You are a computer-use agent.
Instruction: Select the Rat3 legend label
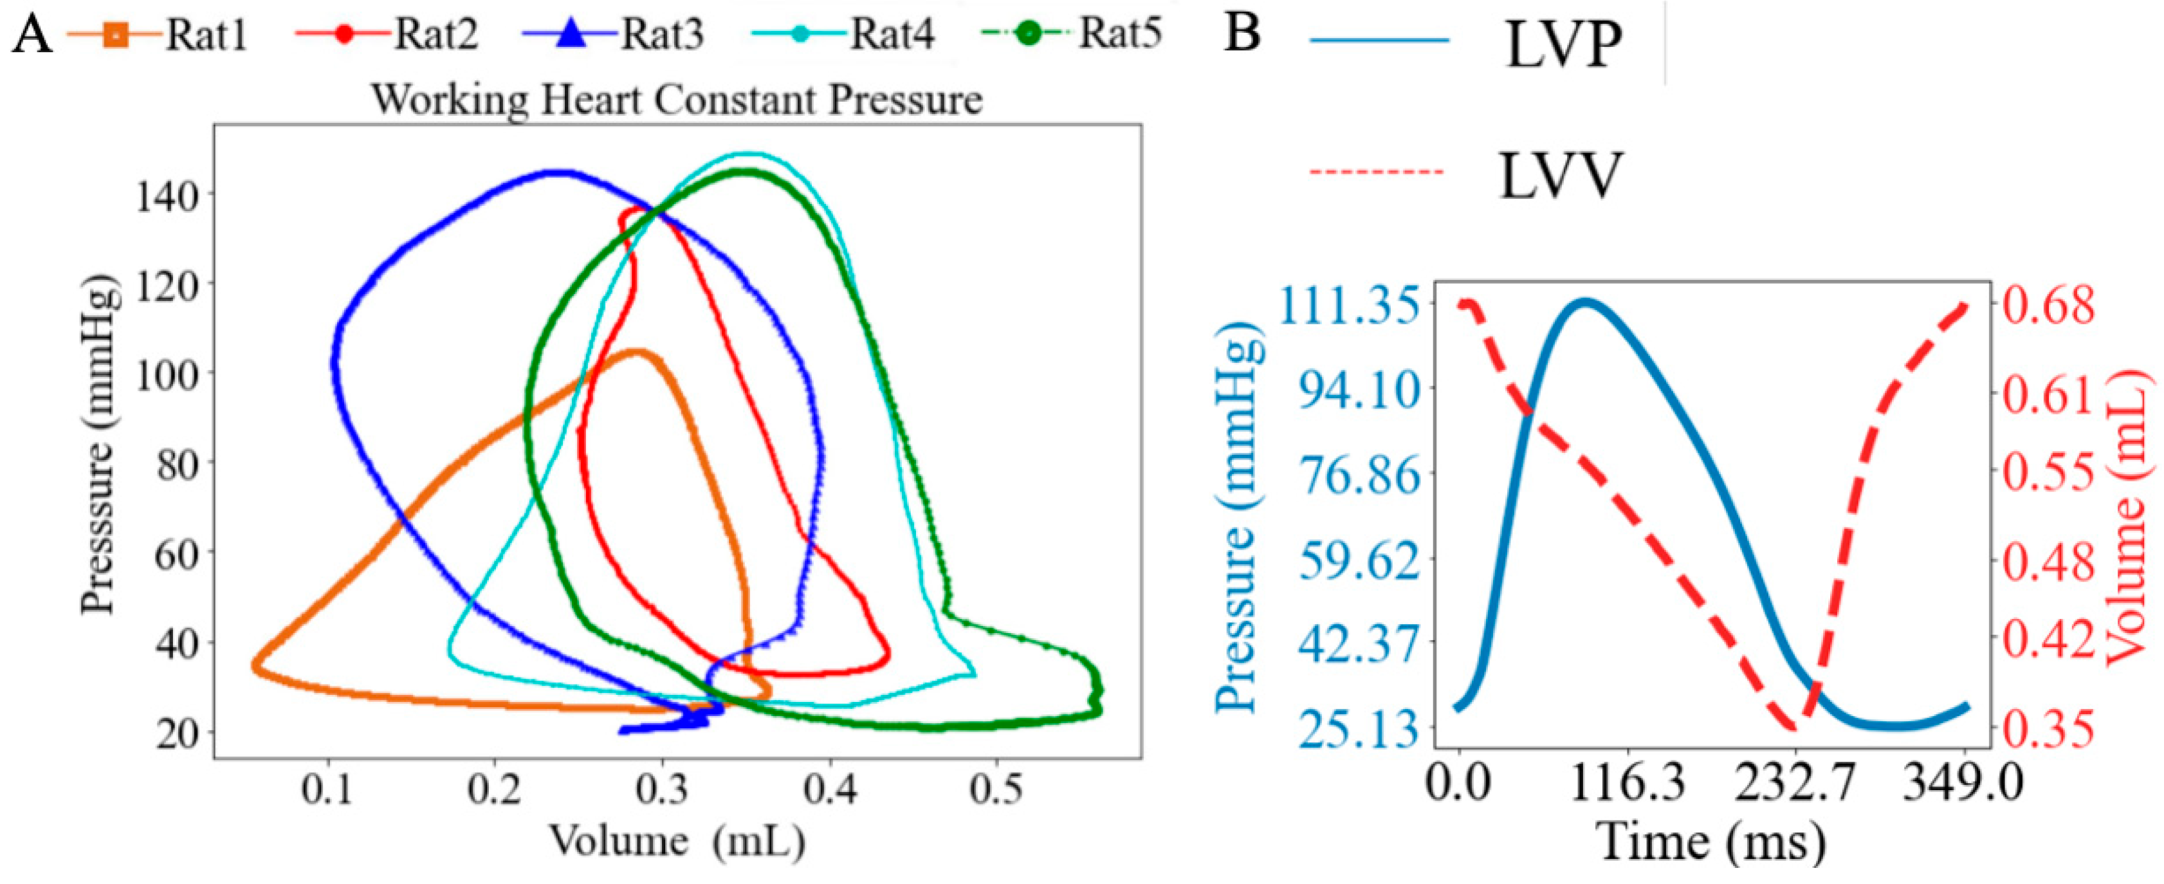[662, 36]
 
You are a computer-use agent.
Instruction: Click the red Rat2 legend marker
[343, 35]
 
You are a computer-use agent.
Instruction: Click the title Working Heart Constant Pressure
[677, 100]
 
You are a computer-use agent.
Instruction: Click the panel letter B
[1242, 33]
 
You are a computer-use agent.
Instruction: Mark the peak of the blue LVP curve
[1584, 301]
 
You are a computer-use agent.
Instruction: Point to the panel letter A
[32, 36]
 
